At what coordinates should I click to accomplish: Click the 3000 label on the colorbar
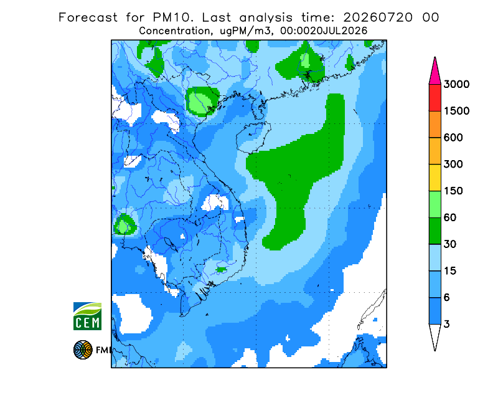[x=456, y=84]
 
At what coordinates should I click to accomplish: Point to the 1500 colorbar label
[x=456, y=111]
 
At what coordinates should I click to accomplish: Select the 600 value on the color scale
[x=453, y=138]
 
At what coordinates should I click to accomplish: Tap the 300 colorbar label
[x=453, y=164]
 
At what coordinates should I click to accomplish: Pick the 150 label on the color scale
[x=453, y=191]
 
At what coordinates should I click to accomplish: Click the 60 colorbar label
[x=450, y=218]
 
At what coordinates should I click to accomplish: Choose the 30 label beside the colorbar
[x=450, y=244]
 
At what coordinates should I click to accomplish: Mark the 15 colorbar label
[x=450, y=271]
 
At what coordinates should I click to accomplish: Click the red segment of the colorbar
[x=435, y=98]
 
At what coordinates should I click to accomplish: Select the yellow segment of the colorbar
[x=435, y=178]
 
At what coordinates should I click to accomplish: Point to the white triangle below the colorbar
[x=435, y=335]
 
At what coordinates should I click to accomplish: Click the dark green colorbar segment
[x=435, y=231]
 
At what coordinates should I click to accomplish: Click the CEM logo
[x=87, y=316]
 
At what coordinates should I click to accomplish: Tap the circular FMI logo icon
[x=83, y=350]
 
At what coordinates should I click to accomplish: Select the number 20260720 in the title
[x=378, y=17]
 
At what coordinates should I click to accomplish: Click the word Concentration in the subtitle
[x=175, y=31]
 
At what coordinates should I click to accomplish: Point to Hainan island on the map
[x=253, y=138]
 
